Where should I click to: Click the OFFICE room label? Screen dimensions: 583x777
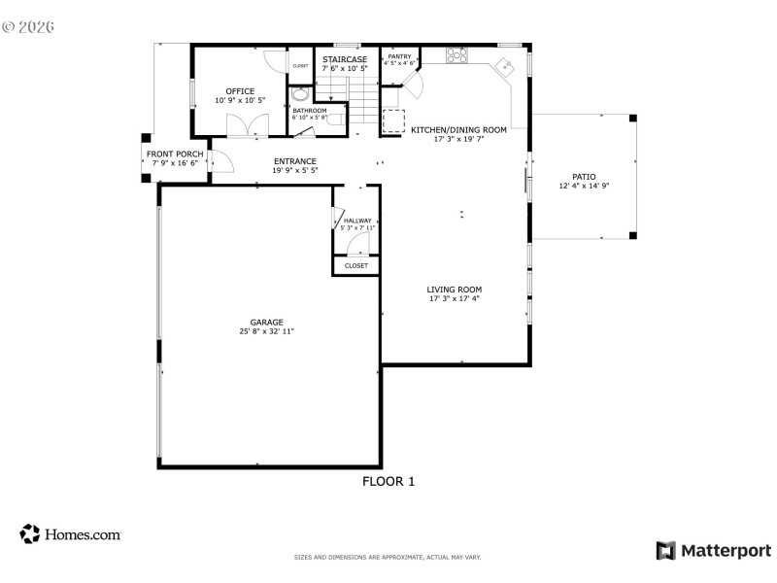240,91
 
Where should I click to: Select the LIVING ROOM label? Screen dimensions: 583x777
455,290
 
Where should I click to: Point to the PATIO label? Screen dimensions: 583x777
583,176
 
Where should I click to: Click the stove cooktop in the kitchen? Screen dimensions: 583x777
455,56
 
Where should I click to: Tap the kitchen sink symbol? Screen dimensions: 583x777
504,67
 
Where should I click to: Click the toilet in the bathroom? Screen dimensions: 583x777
333,118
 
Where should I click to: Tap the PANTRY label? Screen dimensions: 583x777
399,56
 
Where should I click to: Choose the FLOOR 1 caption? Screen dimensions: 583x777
388,480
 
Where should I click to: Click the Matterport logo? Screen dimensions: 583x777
714,551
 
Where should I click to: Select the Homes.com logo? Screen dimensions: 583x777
70,533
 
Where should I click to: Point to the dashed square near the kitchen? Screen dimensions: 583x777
394,120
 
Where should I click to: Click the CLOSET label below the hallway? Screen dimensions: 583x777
356,265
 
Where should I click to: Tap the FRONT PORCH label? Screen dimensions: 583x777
175,154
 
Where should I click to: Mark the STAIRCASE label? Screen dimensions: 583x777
345,59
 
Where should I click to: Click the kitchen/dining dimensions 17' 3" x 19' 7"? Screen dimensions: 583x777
457,139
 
